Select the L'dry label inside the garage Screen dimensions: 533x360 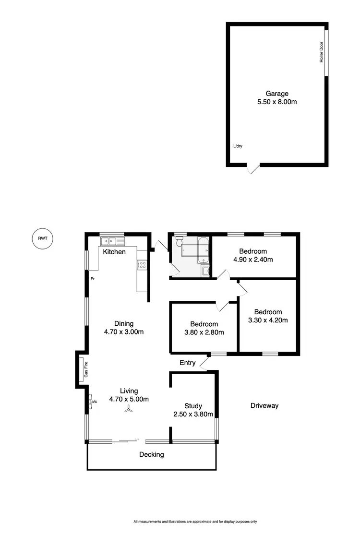coord(237,146)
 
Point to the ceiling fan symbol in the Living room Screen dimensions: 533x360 coord(129,409)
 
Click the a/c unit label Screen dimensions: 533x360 coord(94,401)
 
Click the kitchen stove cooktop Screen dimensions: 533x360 coord(142,264)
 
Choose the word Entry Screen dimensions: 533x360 coord(187,363)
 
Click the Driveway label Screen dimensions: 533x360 coord(264,406)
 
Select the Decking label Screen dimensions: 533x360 coord(152,454)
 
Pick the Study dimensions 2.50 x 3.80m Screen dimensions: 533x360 coord(193,414)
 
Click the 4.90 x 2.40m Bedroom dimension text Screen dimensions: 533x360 coord(253,260)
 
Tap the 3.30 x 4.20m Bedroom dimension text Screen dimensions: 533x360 coord(268,320)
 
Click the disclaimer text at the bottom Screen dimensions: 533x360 coord(195,521)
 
